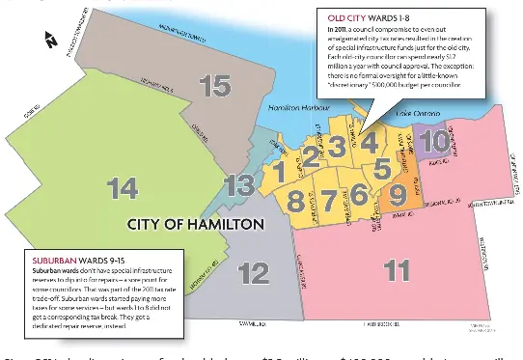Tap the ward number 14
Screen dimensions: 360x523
(x=124, y=189)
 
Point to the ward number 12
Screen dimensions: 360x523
(x=253, y=273)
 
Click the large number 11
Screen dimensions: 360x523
(x=397, y=271)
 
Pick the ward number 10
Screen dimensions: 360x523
(x=434, y=143)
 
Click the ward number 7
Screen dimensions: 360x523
(x=328, y=202)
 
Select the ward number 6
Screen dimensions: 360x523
(x=358, y=195)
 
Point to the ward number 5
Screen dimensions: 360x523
(x=382, y=168)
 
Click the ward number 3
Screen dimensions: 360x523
(x=336, y=147)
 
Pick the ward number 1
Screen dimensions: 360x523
(x=278, y=172)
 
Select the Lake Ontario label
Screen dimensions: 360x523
(x=420, y=114)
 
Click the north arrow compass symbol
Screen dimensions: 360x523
(x=51, y=40)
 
